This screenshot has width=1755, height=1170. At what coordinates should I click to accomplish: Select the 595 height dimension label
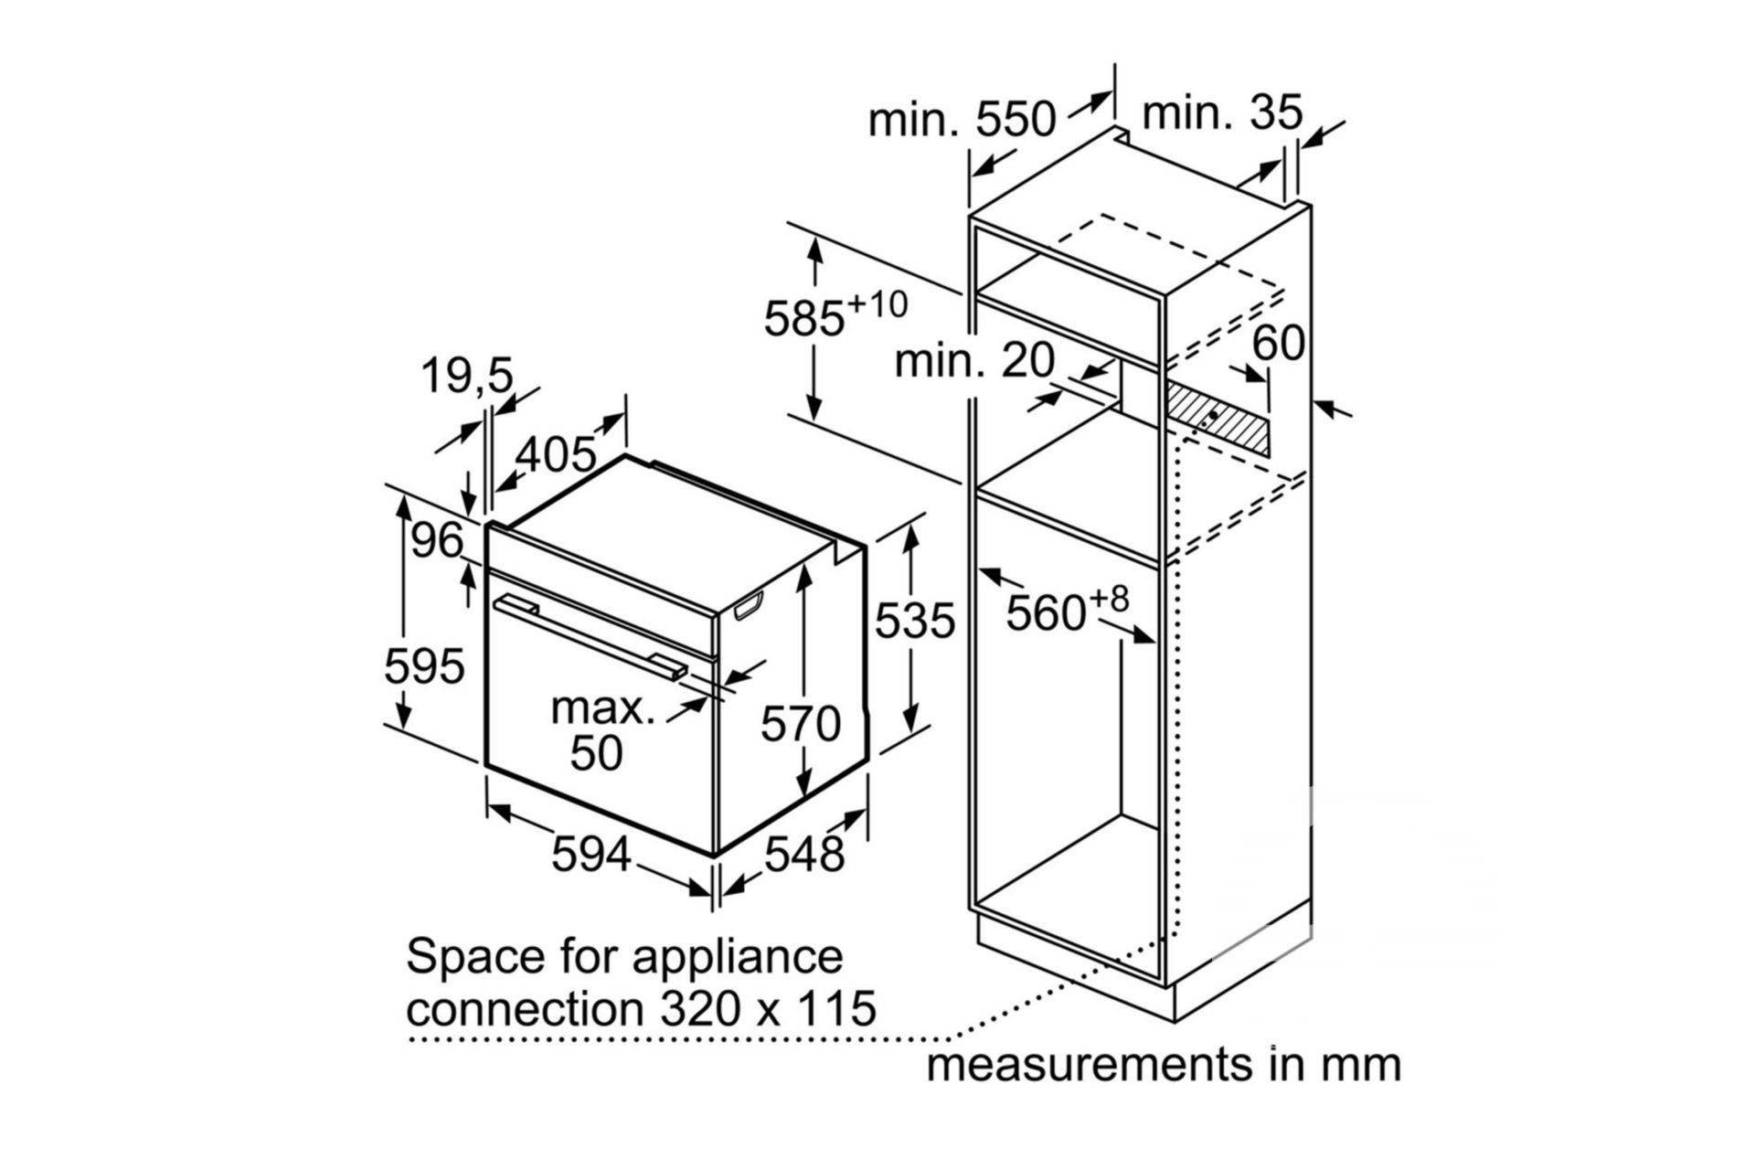[424, 665]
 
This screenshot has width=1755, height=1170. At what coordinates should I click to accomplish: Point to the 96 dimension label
[437, 540]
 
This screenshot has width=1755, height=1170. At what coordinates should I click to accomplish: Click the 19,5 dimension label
[467, 376]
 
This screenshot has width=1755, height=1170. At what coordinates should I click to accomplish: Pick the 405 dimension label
[556, 454]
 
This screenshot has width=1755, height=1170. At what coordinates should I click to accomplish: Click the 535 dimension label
[914, 621]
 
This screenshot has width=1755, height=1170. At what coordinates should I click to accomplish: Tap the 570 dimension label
[801, 724]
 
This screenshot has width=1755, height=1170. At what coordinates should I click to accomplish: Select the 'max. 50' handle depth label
[601, 730]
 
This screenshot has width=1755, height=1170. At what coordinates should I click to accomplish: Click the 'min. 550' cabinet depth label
[962, 120]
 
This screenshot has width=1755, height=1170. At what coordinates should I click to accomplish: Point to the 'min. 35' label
[1222, 113]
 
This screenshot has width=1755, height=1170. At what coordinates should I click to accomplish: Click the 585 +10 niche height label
[834, 314]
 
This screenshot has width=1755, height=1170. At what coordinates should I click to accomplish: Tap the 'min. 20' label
[974, 360]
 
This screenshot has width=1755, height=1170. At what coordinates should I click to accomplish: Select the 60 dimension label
[1278, 344]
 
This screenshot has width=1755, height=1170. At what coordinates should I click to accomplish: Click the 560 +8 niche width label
[1066, 610]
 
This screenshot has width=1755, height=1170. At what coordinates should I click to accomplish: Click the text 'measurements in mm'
[1164, 1065]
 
